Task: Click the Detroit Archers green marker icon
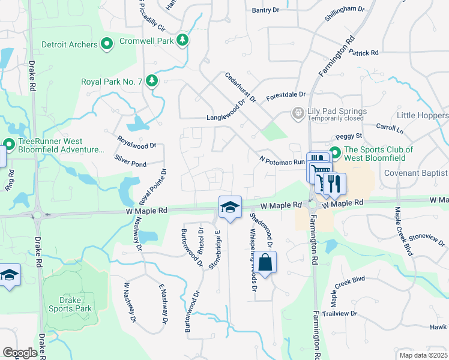[x=107, y=44]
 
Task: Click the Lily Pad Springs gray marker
[x=297, y=112]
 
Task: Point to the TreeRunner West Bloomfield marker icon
[x=9, y=145]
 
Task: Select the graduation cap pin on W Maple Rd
[x=230, y=207]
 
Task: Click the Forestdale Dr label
[x=286, y=95]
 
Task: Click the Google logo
[x=20, y=353]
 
